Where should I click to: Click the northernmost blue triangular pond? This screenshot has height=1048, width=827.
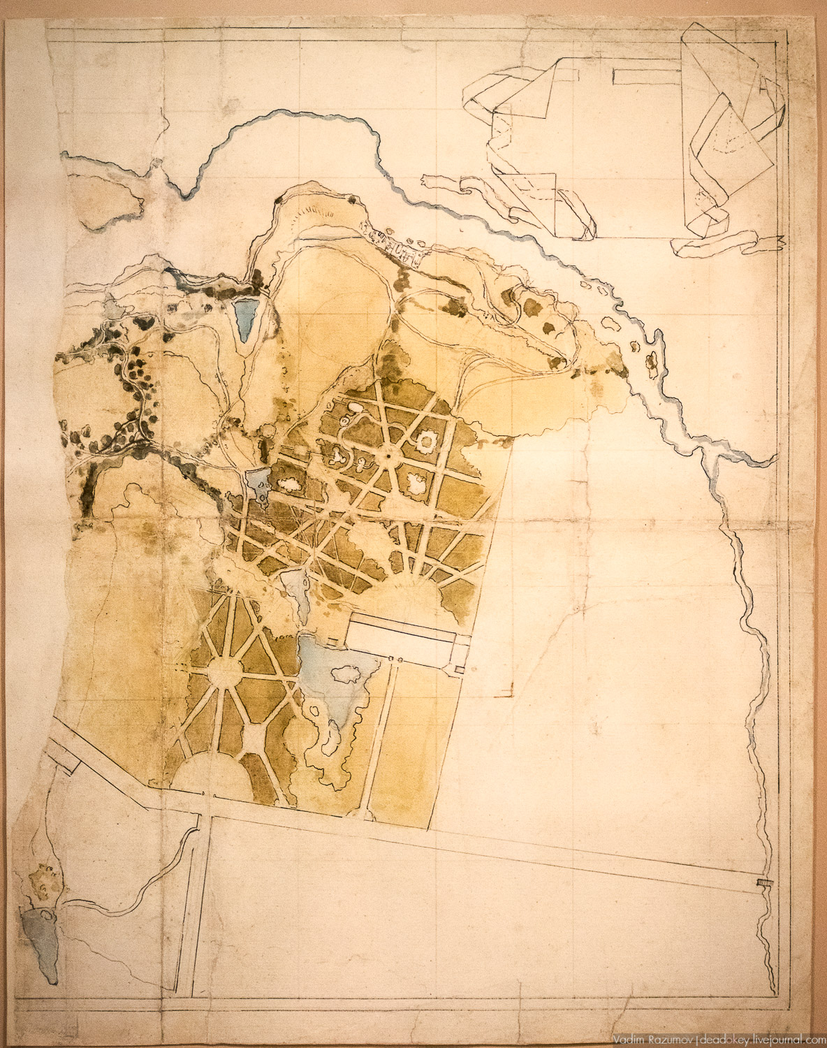(245, 316)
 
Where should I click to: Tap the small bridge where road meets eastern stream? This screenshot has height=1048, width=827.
(762, 885)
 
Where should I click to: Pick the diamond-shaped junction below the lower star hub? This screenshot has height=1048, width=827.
(250, 735)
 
